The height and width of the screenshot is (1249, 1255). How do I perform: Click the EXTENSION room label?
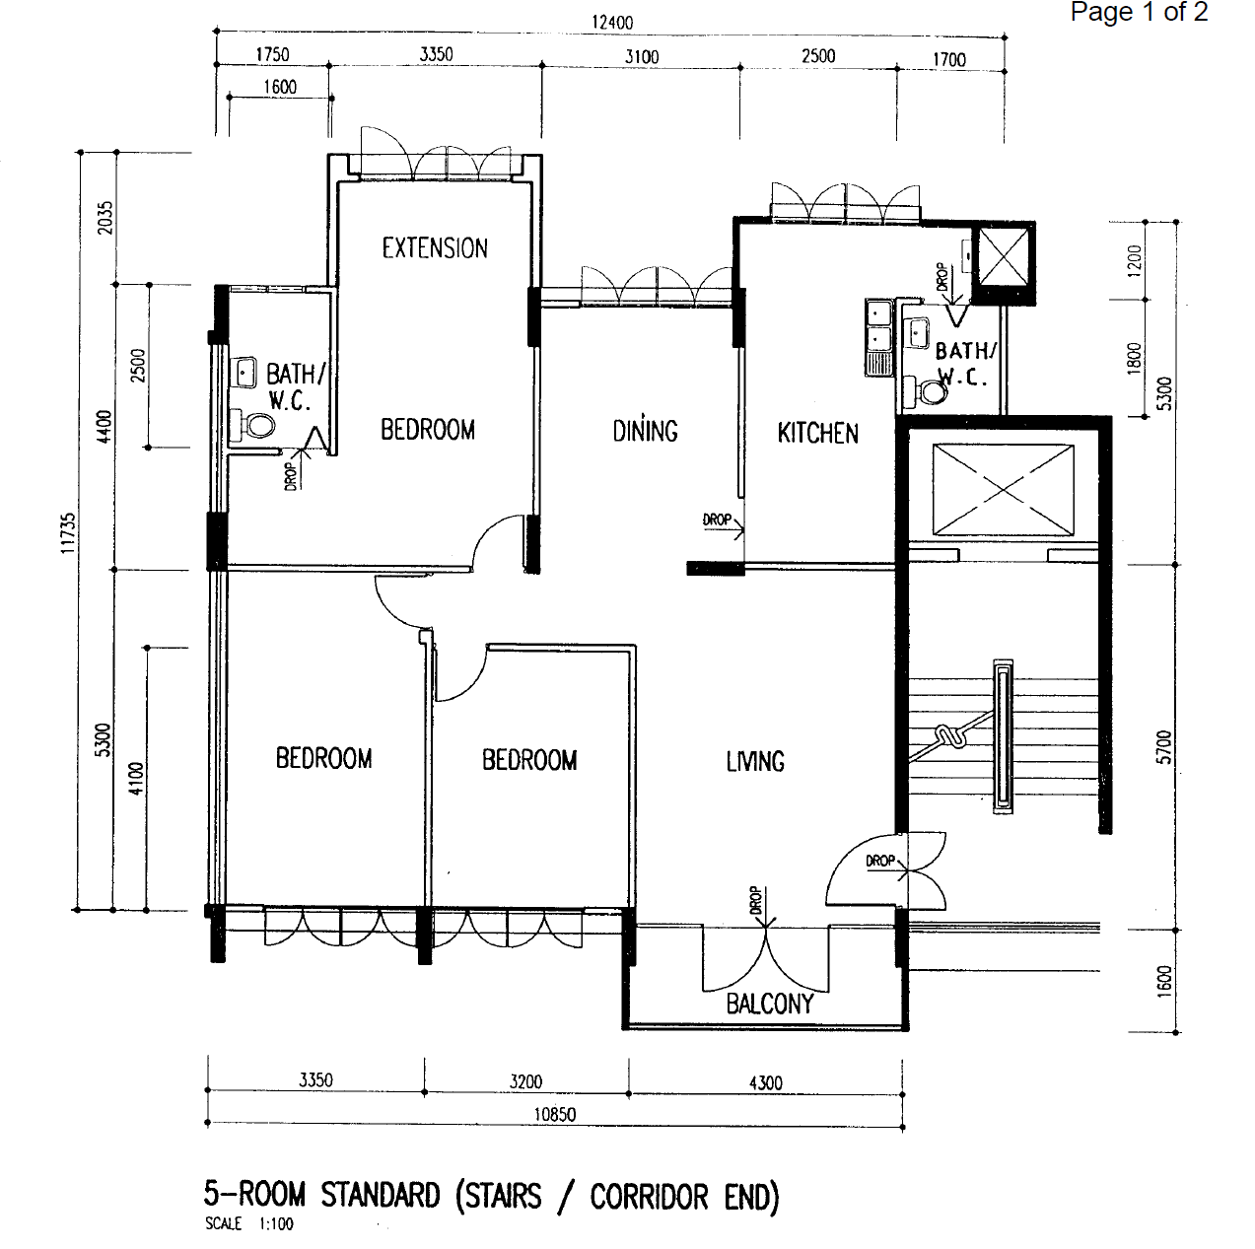coord(435,248)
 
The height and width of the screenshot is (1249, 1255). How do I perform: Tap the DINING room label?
coord(645,430)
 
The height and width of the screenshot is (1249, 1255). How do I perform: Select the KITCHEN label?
coord(818,434)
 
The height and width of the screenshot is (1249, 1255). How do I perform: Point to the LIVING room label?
coord(755,761)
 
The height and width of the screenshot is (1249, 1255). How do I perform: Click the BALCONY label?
coord(770,1004)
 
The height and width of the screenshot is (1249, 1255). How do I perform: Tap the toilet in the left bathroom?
coord(254,426)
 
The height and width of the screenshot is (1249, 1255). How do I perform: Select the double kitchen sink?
coord(878,337)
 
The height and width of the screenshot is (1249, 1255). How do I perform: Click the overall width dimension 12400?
coord(612,23)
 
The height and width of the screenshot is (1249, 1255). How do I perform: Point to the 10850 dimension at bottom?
coord(555,1114)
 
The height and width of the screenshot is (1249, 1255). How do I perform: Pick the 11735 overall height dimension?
coord(68,533)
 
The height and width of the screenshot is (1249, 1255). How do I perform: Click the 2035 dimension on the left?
coord(105,218)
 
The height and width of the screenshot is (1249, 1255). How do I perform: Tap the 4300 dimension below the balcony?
coord(766,1083)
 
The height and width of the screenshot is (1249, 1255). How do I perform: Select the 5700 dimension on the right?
coord(1165,747)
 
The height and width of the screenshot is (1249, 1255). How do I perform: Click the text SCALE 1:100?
coord(249,1223)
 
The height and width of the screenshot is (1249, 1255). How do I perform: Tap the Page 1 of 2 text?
coord(1139,12)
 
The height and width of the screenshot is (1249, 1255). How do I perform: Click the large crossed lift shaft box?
coord(1003,490)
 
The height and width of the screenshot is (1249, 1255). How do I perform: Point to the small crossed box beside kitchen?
coord(1003,256)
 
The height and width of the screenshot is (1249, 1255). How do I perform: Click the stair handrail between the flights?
coord(1003,737)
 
